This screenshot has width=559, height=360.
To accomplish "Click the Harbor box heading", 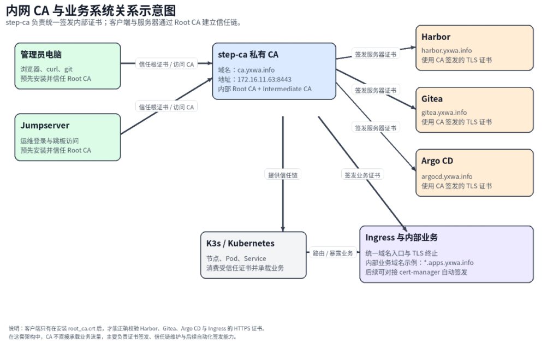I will (436, 37).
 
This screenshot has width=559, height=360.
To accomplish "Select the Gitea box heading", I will (432, 99).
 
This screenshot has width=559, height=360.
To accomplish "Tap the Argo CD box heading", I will (437, 161).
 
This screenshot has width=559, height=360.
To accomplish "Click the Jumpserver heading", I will (45, 126).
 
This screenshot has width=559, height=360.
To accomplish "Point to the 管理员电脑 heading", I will (41, 55).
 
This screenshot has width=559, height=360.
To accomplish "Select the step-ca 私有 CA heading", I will (248, 55).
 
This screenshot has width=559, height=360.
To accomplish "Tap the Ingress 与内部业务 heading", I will (401, 238).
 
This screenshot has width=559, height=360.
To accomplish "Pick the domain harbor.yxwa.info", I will (447, 50).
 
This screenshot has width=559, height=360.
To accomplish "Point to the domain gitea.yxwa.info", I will (444, 113).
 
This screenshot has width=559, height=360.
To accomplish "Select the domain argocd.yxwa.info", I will (447, 176).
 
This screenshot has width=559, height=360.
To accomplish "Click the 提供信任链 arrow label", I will (283, 175).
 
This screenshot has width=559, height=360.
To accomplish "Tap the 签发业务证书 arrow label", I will (362, 175).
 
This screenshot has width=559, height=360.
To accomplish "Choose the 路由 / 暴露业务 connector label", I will (332, 253).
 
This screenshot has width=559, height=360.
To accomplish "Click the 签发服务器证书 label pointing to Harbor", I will (375, 55).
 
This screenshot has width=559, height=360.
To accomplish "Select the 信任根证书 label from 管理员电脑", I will (166, 64).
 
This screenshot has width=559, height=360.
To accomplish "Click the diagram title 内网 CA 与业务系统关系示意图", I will (91, 10).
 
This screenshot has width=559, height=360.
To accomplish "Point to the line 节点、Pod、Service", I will (236, 258).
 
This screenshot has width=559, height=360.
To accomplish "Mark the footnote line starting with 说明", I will (136, 329).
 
